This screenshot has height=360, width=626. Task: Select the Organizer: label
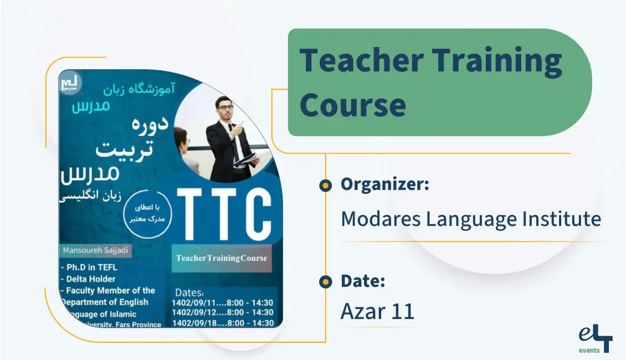coord(384,184)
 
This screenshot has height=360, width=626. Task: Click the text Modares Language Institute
coord(470,219)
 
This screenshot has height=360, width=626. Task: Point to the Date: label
coord(362,281)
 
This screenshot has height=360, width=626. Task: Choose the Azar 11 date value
coord(377,312)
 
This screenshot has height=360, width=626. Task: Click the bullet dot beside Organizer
coord(326,186)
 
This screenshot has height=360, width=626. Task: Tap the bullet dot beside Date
coord(326,282)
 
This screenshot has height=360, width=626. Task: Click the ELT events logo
coord(594,340)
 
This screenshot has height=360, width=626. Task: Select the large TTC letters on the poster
coord(224,212)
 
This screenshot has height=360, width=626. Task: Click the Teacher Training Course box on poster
coord(222,258)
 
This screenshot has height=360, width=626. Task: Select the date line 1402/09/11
coord(224,302)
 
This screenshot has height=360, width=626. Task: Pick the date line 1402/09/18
coord(224,322)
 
